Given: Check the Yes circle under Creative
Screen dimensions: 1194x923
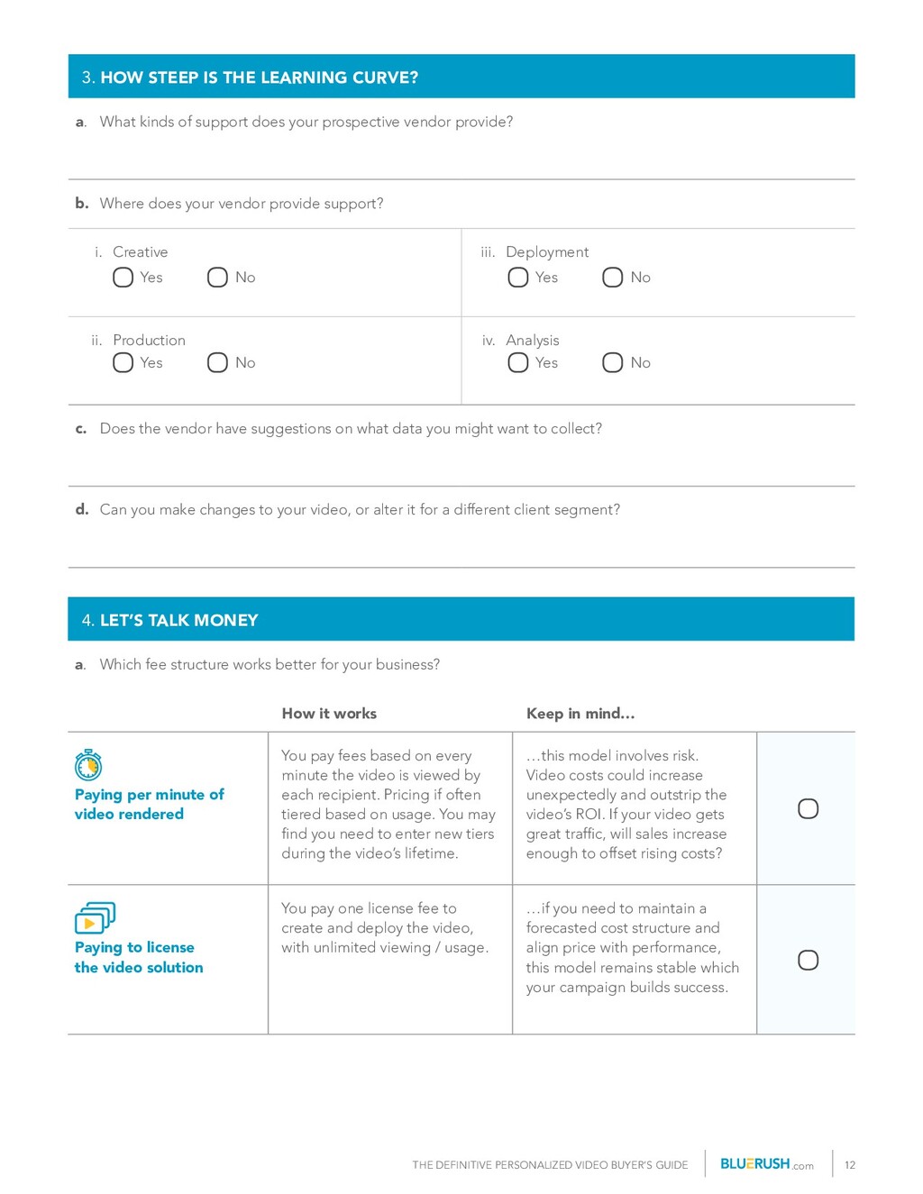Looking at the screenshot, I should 123,278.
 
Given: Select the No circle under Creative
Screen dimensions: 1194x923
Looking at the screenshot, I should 217,278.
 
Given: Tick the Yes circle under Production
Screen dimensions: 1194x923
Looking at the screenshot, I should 123,362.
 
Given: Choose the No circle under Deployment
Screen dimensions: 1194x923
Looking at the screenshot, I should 613,278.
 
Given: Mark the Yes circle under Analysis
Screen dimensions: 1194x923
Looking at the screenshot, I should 518,362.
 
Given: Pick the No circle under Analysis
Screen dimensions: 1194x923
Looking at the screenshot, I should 613,362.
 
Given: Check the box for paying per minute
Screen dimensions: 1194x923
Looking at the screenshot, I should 809,808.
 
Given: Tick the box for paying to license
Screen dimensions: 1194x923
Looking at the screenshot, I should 809,960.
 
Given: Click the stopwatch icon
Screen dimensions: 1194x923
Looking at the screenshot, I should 88,765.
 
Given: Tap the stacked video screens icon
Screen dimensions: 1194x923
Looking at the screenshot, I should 95,918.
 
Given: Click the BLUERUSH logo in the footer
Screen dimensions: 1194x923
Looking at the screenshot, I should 755,1164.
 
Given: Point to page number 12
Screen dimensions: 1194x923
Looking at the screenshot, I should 850,1165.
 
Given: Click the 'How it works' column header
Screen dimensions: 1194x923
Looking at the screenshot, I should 329,714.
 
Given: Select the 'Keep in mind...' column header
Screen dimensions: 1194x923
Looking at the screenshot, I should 580,714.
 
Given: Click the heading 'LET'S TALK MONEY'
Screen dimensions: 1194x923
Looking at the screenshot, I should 178,620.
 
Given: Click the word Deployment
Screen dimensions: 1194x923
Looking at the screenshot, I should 547,252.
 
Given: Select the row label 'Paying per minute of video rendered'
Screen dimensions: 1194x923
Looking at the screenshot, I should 149,804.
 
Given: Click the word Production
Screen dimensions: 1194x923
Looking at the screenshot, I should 149,341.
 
